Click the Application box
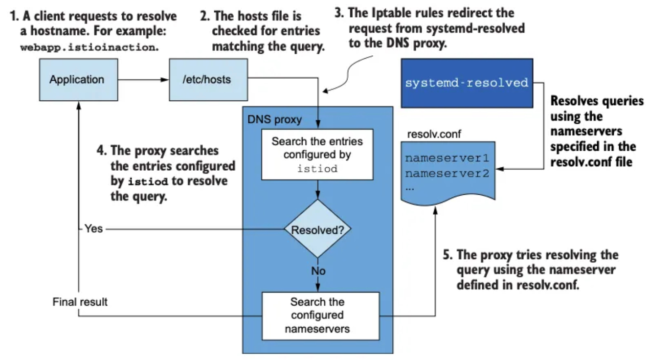78,80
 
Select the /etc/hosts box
208,80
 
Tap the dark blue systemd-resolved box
467,83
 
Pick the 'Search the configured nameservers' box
320,316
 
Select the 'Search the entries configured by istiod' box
317,155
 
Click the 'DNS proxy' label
274,119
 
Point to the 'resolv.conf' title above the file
434,134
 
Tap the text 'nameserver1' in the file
447,158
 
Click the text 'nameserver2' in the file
447,174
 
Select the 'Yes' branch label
93,228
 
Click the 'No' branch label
318,271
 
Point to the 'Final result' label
80,302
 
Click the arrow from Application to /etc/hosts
143,80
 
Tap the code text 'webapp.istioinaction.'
89,47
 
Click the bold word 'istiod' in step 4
148,181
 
